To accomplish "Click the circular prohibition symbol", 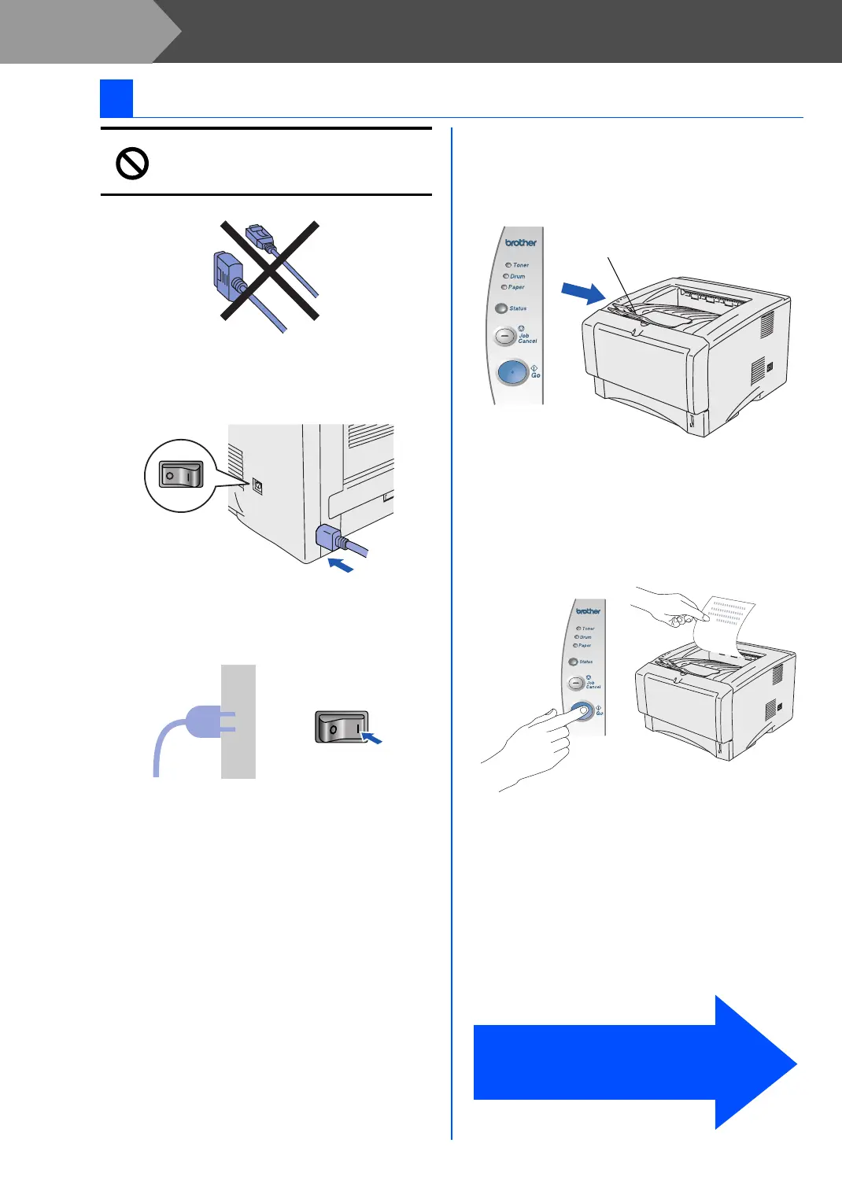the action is [132, 164].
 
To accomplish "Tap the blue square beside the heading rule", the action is [116, 98].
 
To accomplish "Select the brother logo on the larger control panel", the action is [521, 242].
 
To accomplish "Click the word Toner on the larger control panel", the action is [521, 265].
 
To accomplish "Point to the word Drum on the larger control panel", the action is [517, 276].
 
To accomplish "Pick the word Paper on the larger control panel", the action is [516, 287].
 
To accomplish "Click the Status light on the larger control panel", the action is [500, 308].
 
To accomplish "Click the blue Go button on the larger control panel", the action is [512, 372].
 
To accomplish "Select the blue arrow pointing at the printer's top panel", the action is [583, 293].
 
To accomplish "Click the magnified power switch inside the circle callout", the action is [181, 475].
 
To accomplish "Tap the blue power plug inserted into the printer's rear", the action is [328, 539].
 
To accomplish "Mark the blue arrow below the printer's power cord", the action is [341, 565].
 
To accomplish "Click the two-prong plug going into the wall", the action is [206, 721].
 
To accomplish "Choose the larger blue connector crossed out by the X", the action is [228, 277].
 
